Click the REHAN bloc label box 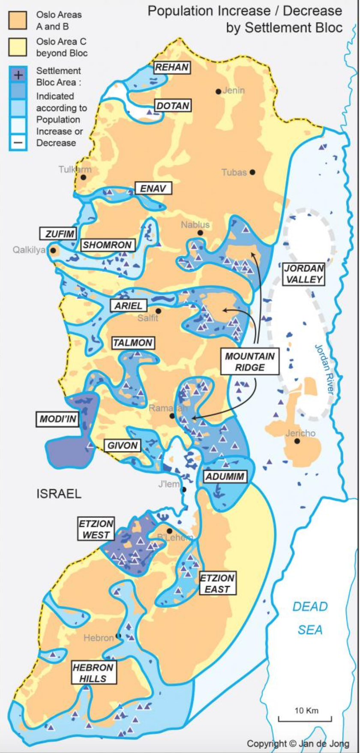(172, 67)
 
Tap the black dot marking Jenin (219, 91)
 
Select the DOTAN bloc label (173, 106)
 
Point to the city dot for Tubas (253, 172)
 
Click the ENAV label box (153, 188)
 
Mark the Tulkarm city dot (84, 177)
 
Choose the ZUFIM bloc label (58, 234)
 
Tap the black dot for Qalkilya (53, 251)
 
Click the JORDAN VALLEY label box (304, 274)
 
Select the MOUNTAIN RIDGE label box (250, 362)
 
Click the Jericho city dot (297, 441)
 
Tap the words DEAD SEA (310, 618)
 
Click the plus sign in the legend (18, 75)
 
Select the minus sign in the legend (18, 142)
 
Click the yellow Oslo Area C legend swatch (18, 47)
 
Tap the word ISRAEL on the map (59, 494)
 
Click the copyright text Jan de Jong (298, 744)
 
